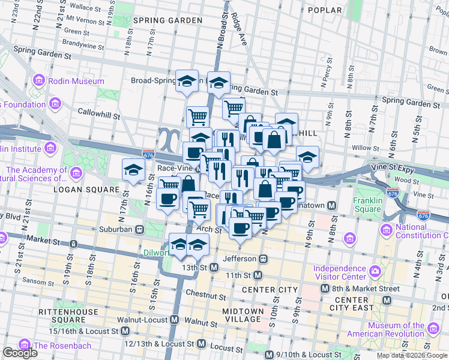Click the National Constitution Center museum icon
pos(386,230)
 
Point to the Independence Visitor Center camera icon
pos(375,271)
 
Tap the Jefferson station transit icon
pos(262,259)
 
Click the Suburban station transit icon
pos(139,229)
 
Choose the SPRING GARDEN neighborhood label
pos(167,20)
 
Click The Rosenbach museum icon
pos(25,345)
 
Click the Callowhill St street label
pos(99,111)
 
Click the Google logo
pos(20,353)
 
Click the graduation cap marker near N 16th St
pos(133,170)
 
